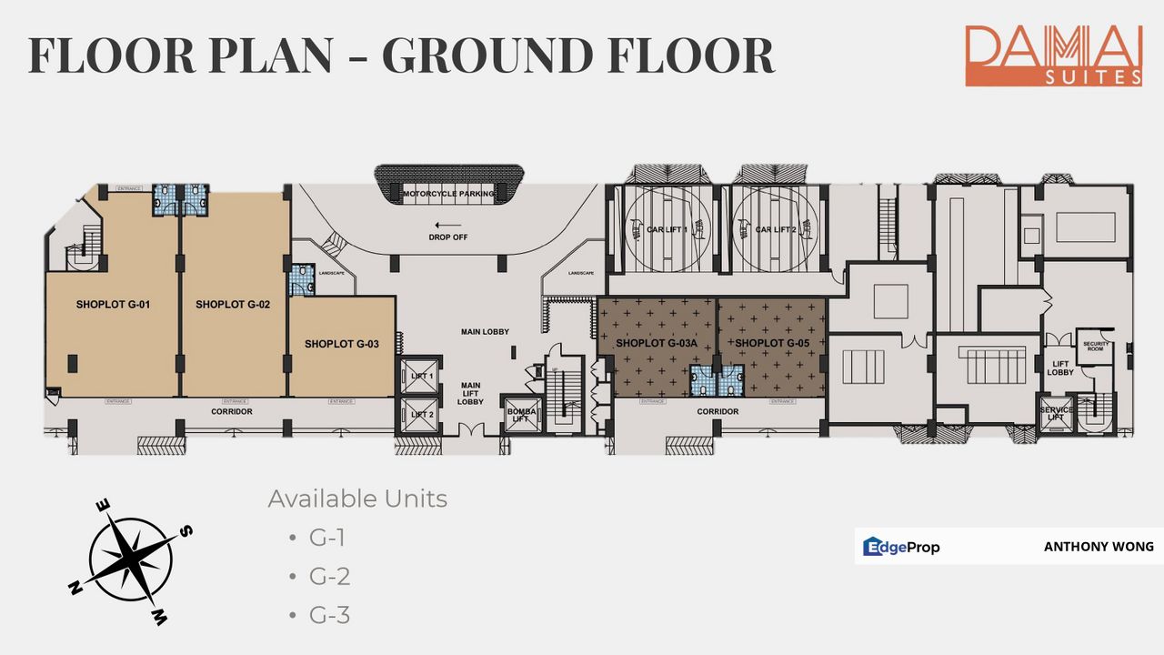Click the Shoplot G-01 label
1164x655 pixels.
[x=113, y=305]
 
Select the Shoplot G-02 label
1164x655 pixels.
[x=233, y=305]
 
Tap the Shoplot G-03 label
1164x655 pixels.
[x=342, y=344]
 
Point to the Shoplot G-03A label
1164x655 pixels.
[x=656, y=343]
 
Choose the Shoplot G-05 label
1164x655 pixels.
[x=772, y=343]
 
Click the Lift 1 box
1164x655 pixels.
[x=421, y=376]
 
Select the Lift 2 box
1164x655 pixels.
[x=421, y=415]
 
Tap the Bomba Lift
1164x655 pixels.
[x=519, y=416]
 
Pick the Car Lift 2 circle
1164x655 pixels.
[x=775, y=229]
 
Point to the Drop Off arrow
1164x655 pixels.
[x=448, y=225]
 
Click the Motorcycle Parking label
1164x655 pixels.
[x=449, y=194]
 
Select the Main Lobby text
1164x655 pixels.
[x=485, y=332]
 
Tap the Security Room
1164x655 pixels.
[x=1093, y=347]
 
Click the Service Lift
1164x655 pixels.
[x=1056, y=414]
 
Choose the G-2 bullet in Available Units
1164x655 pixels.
[x=329, y=577]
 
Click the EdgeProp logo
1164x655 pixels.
[x=901, y=547]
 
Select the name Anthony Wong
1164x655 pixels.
[x=1099, y=547]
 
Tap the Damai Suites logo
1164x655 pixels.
[x=1053, y=55]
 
